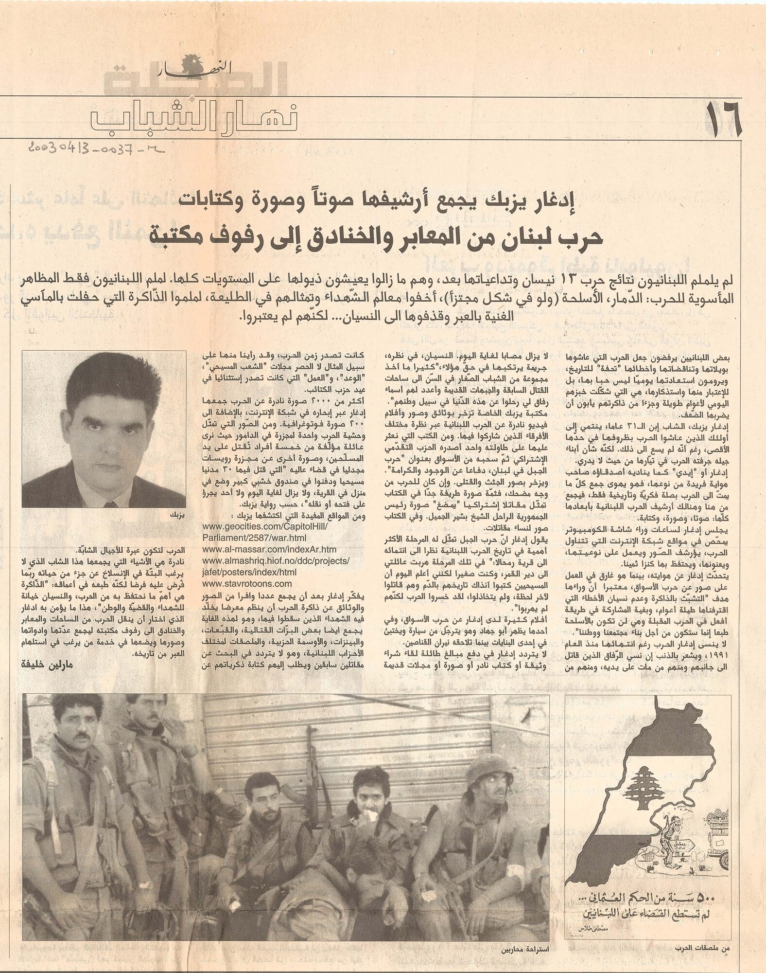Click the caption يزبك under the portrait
(175, 514)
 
